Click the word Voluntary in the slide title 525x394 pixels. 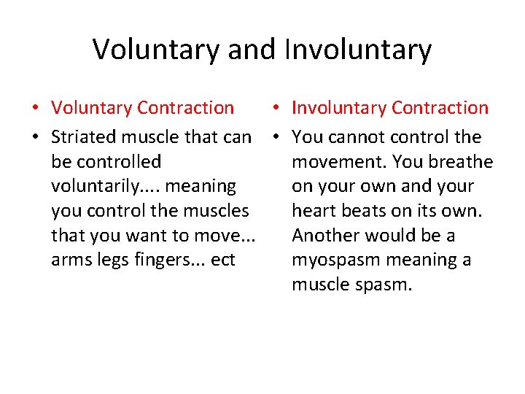pos(157,50)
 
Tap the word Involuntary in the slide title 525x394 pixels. pos(358,50)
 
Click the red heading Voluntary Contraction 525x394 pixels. pos(142,108)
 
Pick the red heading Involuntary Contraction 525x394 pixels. pos(390,108)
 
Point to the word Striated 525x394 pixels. pos(84,137)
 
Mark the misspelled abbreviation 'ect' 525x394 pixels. pos(222,260)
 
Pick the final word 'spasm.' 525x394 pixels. pos(384,285)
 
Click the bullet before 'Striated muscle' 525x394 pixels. pos(35,138)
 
